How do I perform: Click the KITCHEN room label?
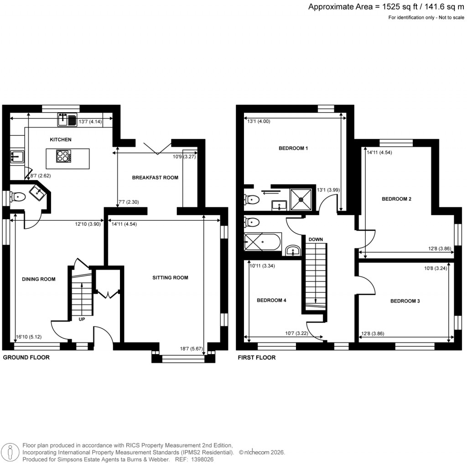pyautogui.click(x=61, y=139)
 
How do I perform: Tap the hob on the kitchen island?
pyautogui.click(x=63, y=156)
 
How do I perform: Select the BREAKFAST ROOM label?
pyautogui.click(x=155, y=177)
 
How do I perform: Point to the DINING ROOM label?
pyautogui.click(x=38, y=279)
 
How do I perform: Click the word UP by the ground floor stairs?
pyautogui.click(x=82, y=319)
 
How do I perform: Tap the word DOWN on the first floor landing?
pyautogui.click(x=316, y=239)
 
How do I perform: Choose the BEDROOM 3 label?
pyautogui.click(x=405, y=301)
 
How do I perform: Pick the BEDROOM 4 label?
pyautogui.click(x=271, y=300)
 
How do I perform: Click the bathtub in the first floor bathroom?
pyautogui.click(x=263, y=242)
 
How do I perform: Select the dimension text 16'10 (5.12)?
pyautogui.click(x=28, y=337)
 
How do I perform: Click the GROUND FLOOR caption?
pyautogui.click(x=26, y=358)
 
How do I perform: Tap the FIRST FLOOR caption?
pyautogui.click(x=257, y=358)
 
